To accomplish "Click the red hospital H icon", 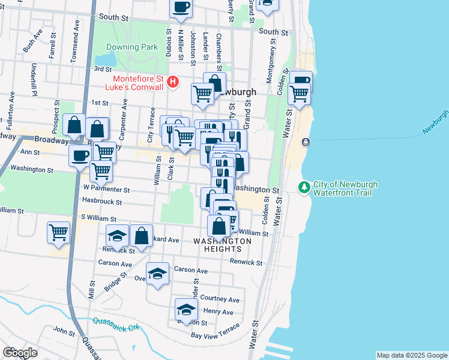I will click(173, 81).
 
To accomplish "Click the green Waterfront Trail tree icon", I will click(305, 188).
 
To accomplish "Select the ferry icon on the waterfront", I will click(306, 142).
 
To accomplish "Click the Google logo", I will click(19, 353).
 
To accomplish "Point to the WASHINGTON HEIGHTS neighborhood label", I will click(222, 245).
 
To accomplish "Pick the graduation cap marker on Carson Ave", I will click(157, 274).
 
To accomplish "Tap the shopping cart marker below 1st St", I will click(202, 93).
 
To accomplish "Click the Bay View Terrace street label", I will click(215, 332).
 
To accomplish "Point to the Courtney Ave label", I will click(220, 299).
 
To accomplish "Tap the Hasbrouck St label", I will click(103, 202).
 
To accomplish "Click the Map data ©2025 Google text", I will click(411, 355).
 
